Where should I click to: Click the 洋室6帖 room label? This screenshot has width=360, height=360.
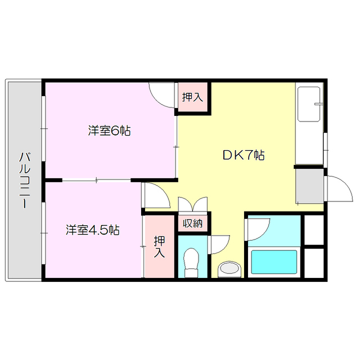109,131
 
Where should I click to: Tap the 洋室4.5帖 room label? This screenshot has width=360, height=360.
92,230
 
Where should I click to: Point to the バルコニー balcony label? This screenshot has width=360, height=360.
24,179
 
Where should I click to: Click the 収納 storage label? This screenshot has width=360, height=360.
192,223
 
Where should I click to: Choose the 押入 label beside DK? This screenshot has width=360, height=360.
192,97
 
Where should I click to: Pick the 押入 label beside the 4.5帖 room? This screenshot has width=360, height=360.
159,246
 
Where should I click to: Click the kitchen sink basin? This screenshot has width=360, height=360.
309,103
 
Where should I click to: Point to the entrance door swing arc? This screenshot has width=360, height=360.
339,189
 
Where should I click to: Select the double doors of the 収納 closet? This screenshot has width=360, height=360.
192,204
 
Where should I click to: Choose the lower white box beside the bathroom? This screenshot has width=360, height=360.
313,262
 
